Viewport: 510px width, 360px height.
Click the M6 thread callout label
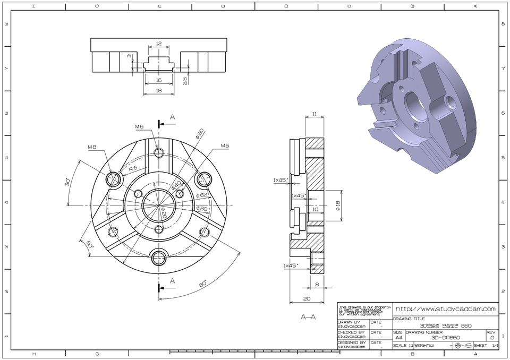(x=140, y=127)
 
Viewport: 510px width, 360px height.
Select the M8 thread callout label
(x=92, y=147)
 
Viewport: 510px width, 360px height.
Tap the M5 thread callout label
(x=225, y=145)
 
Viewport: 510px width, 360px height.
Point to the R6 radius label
(x=133, y=168)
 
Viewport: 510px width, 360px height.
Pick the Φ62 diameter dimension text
(x=201, y=195)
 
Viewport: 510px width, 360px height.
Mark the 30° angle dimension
(x=67, y=182)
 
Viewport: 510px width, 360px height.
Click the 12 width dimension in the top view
(x=159, y=44)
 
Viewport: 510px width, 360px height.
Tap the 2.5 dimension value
(x=185, y=81)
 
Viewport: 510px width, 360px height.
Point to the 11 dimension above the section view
(x=314, y=114)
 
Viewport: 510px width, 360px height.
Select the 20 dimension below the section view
(x=307, y=299)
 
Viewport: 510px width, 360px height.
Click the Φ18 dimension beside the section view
(x=338, y=206)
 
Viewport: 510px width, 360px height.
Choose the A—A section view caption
(x=308, y=318)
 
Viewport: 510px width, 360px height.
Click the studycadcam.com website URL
(x=445, y=308)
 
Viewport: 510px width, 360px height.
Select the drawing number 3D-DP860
(x=445, y=337)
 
